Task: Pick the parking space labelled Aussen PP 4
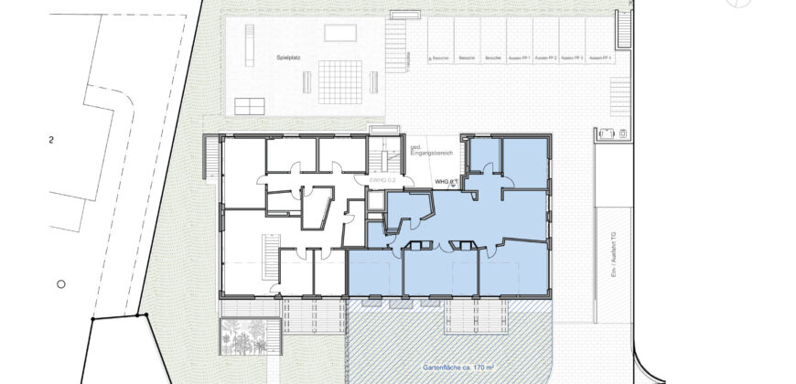[x=600, y=58]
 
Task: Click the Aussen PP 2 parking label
[x=547, y=58]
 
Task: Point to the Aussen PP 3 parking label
[x=574, y=58]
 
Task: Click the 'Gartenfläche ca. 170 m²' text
[x=458, y=368]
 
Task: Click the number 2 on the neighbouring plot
[x=51, y=141]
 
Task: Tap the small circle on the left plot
[x=60, y=284]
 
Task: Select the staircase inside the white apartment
[x=271, y=258]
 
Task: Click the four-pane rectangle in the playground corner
[x=250, y=106]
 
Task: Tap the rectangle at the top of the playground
[x=341, y=33]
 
